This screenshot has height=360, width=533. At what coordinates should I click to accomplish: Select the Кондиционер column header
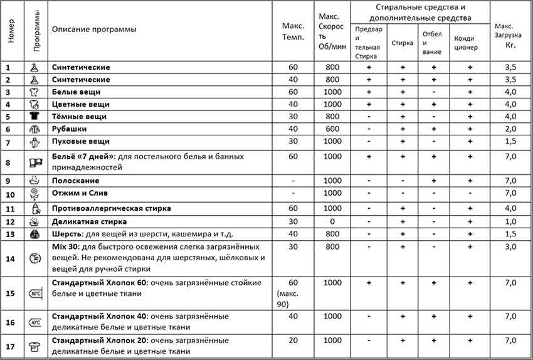point(469,43)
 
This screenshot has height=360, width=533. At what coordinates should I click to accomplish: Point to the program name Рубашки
point(70,129)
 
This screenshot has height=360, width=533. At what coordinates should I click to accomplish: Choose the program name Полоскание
point(75,181)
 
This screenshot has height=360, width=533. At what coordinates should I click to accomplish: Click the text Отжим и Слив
point(80,193)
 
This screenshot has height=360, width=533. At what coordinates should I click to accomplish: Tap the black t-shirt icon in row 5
point(34,117)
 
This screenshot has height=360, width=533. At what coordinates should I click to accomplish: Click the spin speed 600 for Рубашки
point(332,129)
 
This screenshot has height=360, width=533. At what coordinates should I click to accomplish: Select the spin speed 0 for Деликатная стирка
point(332,221)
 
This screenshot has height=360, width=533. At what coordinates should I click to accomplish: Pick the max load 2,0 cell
point(510,129)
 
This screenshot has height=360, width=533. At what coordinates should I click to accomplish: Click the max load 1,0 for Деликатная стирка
point(510,221)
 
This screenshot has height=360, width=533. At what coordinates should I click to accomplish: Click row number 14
point(9,258)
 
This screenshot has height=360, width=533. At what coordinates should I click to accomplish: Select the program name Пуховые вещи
point(81,142)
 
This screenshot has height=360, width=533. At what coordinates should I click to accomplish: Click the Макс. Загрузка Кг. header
point(510,36)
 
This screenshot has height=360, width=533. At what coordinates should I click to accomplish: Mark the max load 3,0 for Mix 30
point(510,246)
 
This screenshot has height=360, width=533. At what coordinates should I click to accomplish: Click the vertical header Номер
point(11,30)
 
